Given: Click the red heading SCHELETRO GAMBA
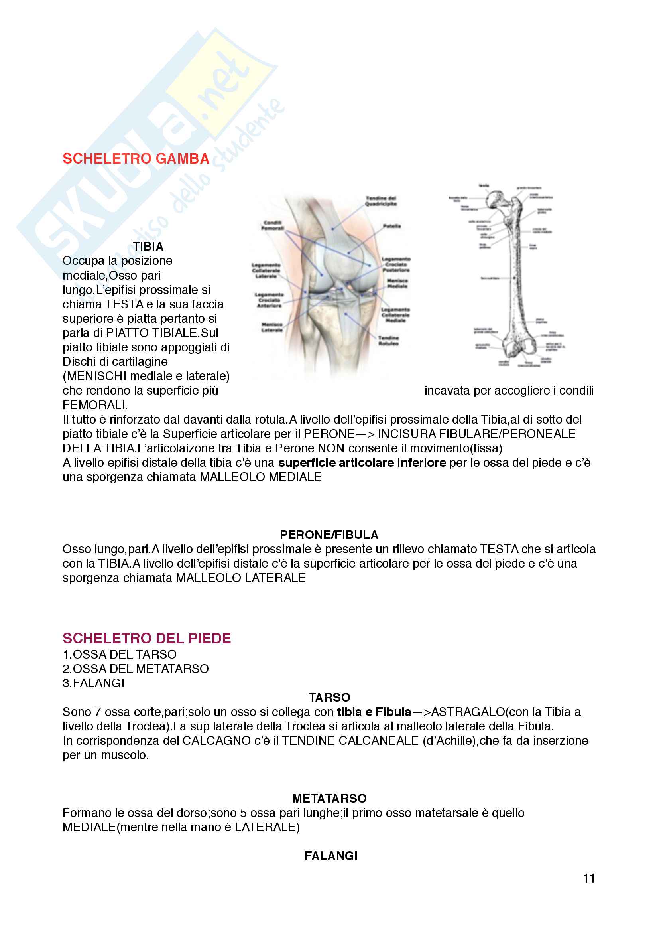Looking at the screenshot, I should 136,158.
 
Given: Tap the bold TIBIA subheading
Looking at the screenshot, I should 148,246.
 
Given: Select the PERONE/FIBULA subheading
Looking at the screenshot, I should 329,535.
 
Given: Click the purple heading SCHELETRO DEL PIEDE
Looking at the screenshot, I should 147,638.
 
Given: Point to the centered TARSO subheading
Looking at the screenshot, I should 329,697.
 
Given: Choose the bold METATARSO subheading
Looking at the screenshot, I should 329,798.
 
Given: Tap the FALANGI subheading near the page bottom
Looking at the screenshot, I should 331,856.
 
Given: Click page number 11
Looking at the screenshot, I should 589,878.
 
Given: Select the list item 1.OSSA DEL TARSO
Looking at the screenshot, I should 119,654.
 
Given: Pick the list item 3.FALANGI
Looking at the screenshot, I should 93,683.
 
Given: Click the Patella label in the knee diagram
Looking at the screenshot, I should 392,226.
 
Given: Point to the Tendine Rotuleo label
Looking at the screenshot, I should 388,341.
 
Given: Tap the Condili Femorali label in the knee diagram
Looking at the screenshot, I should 272,225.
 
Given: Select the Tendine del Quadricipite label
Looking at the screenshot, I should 380,201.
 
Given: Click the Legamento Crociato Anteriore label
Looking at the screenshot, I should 269,300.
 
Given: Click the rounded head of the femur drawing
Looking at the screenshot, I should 496,199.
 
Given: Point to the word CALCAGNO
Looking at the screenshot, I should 216,740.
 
